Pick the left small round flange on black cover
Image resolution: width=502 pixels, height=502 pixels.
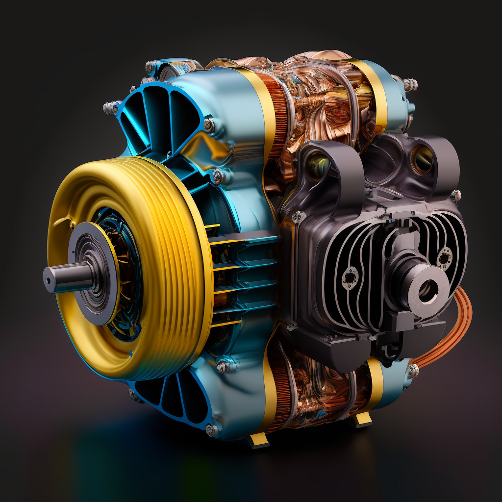click(x=350, y=278)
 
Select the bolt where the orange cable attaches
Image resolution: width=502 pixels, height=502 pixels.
click(x=413, y=371)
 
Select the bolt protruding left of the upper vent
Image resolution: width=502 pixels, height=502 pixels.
click(x=111, y=108)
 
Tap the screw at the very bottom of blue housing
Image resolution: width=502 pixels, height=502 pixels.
click(x=212, y=430)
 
